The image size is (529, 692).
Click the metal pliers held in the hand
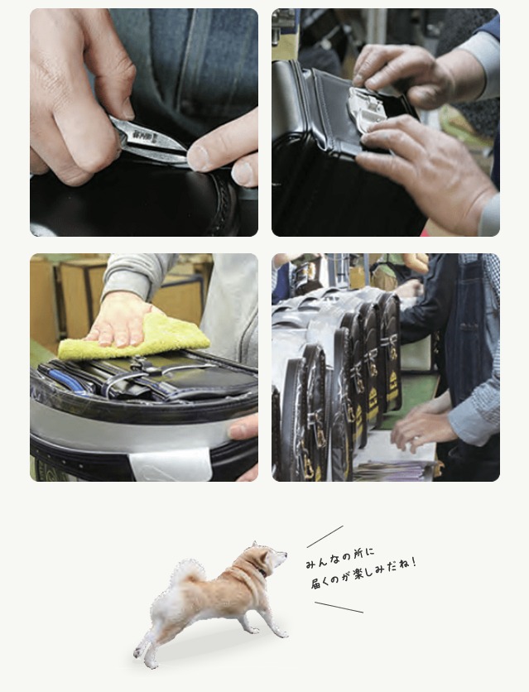pyautogui.click(x=148, y=140)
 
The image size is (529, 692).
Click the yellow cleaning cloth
pyautogui.click(x=134, y=338)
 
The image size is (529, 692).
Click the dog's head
pyautogui.click(x=270, y=556)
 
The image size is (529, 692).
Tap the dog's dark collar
pyautogui.click(x=259, y=569)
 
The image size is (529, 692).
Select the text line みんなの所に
pyautogui.click(x=339, y=557)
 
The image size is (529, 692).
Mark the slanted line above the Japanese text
pyautogui.click(x=325, y=536)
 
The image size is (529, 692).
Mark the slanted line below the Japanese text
pyautogui.click(x=339, y=607)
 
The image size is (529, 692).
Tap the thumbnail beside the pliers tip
pyautogui.click(x=198, y=158)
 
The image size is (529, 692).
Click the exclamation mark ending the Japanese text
pyautogui.click(x=413, y=563)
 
